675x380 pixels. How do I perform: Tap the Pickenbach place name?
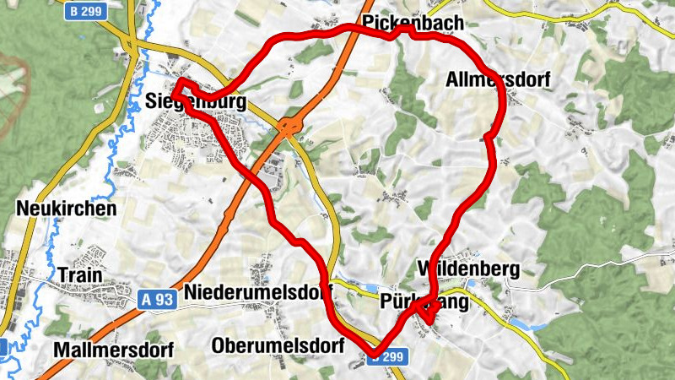(x=413, y=22)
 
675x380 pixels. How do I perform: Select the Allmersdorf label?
(x=498, y=81)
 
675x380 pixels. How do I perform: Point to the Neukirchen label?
(x=65, y=208)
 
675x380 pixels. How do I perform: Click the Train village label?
(x=80, y=275)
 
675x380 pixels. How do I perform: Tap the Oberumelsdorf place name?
(x=278, y=346)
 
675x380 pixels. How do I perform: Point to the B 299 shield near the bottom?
(x=388, y=358)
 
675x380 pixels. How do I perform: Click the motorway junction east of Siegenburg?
(x=289, y=128)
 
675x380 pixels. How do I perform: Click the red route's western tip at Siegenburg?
(x=178, y=83)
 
